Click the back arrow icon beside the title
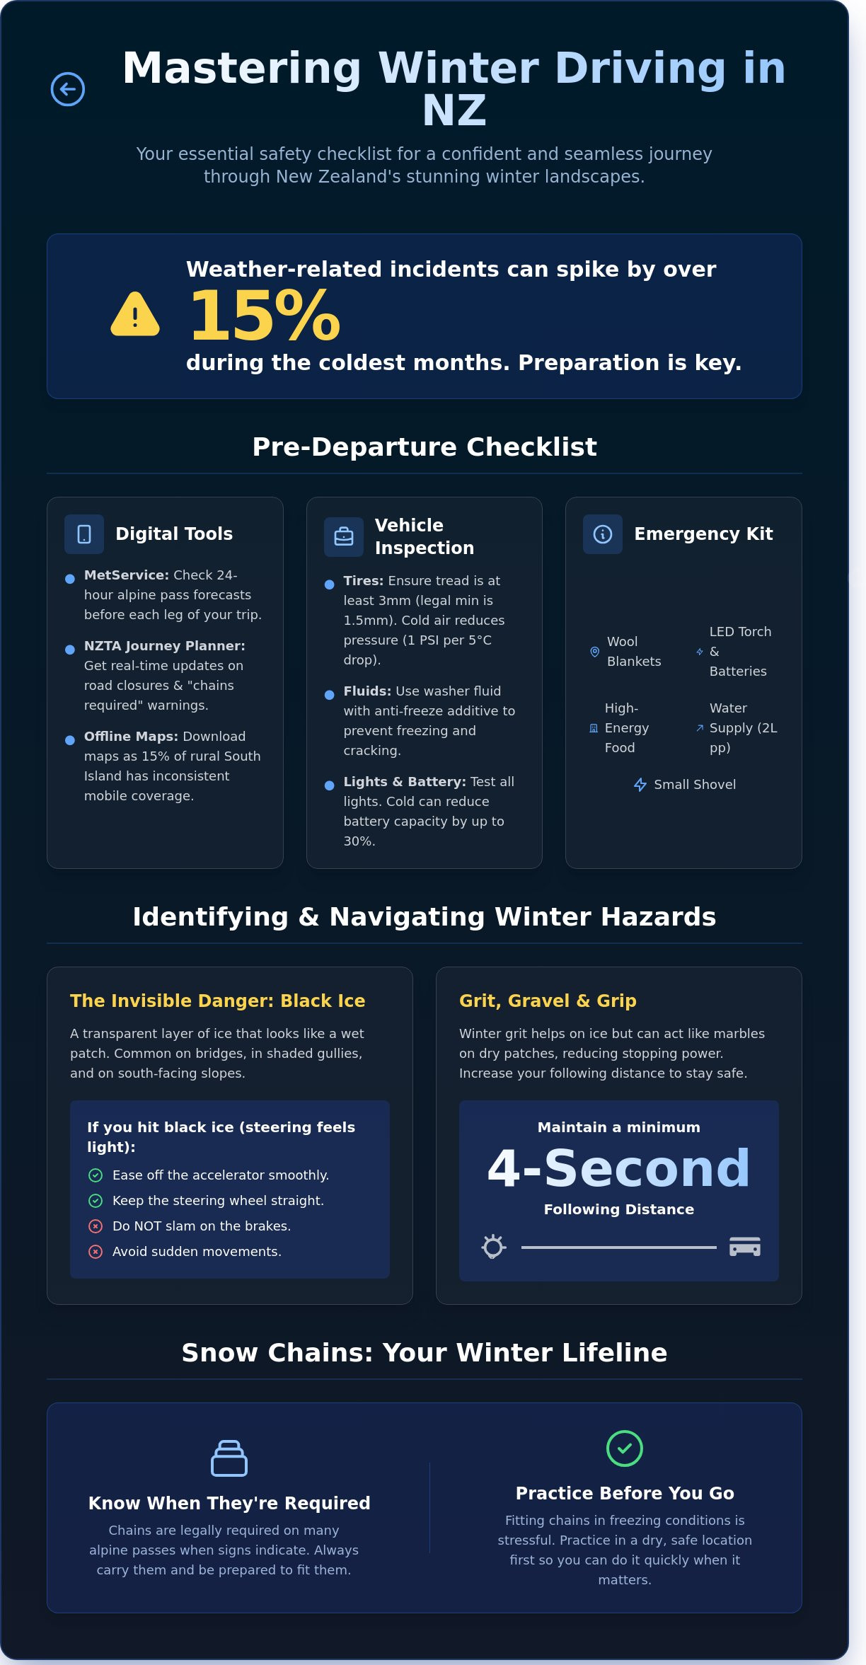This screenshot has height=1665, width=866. pyautogui.click(x=68, y=89)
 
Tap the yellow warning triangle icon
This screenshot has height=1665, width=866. pyautogui.click(x=135, y=315)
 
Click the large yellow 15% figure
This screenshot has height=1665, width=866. pyautogui.click(x=265, y=316)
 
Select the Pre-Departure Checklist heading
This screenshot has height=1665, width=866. pyautogui.click(x=425, y=447)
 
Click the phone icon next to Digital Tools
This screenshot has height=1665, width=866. pyautogui.click(x=84, y=534)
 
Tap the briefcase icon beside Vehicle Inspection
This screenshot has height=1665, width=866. pyautogui.click(x=344, y=537)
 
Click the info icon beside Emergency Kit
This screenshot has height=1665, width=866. pyautogui.click(x=603, y=534)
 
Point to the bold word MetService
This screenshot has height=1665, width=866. pyautogui.click(x=126, y=575)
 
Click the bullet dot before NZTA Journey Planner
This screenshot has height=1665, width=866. pyautogui.click(x=70, y=650)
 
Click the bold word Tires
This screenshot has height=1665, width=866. pyautogui.click(x=363, y=581)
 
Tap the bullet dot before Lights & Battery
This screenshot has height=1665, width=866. pyautogui.click(x=329, y=785)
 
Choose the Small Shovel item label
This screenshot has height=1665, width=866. pyautogui.click(x=694, y=785)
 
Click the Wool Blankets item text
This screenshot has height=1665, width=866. pyautogui.click(x=633, y=652)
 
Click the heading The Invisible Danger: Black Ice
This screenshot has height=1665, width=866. pyautogui.click(x=217, y=1001)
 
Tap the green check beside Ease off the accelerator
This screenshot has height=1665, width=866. pyautogui.click(x=96, y=1175)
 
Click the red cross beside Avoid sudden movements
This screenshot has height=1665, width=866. pyautogui.click(x=96, y=1252)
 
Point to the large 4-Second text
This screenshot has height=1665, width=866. pyautogui.click(x=618, y=1168)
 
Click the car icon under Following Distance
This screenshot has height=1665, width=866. pyautogui.click(x=744, y=1247)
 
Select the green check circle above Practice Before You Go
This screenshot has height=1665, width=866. pyautogui.click(x=625, y=1448)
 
